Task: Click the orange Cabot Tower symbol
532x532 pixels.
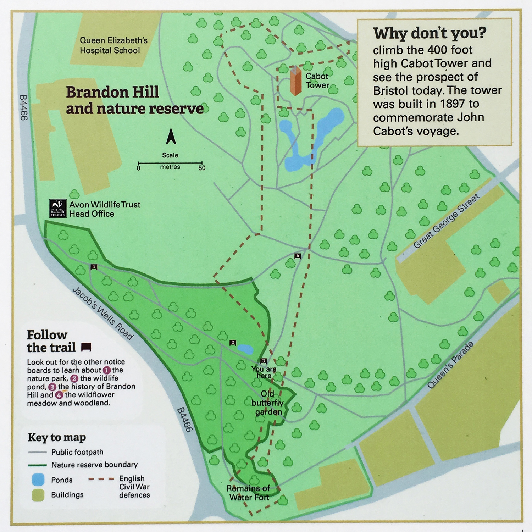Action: pyautogui.click(x=295, y=81)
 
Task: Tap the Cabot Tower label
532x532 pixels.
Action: pyautogui.click(x=317, y=81)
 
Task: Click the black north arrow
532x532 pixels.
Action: pyautogui.click(x=171, y=136)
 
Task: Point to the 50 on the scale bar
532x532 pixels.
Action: pyautogui.click(x=202, y=168)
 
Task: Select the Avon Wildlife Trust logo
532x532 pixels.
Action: pyautogui.click(x=58, y=208)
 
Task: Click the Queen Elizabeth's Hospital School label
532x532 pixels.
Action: pyautogui.click(x=113, y=45)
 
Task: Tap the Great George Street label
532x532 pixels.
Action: pyautogui.click(x=446, y=221)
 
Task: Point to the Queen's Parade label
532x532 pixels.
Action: pyautogui.click(x=450, y=365)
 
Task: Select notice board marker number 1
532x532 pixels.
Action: pyautogui.click(x=94, y=267)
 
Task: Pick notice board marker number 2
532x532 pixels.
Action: pyautogui.click(x=233, y=343)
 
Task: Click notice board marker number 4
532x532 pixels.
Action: pyautogui.click(x=298, y=256)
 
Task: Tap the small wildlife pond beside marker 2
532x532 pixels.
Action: pyautogui.click(x=246, y=349)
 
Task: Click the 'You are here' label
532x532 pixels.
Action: pyautogui.click(x=264, y=372)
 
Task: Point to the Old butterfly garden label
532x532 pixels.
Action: pyautogui.click(x=267, y=403)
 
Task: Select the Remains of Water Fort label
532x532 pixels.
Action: pyautogui.click(x=249, y=493)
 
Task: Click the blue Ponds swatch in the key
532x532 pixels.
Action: pyautogui.click(x=38, y=480)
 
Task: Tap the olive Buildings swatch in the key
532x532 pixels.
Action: pyautogui.click(x=38, y=495)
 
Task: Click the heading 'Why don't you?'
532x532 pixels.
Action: pyautogui.click(x=430, y=33)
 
